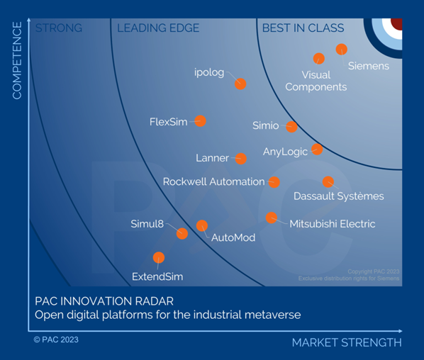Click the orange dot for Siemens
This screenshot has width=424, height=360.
(x=341, y=49)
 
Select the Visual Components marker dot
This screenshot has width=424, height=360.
(x=319, y=58)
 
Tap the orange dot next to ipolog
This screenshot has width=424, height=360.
(x=240, y=84)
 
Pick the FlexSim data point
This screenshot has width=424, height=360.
(x=200, y=121)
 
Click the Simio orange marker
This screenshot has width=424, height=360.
(x=291, y=127)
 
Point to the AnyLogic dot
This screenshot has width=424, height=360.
(x=317, y=149)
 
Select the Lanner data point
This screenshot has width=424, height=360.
(x=241, y=158)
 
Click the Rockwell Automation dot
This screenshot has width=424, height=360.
(x=274, y=182)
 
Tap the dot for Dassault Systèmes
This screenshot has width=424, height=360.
(x=328, y=182)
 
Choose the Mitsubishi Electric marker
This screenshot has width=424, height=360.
(x=271, y=218)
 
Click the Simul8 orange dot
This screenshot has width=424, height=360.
(x=182, y=233)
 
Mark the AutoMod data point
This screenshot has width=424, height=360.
(x=202, y=226)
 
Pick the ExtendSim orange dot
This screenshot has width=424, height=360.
(x=158, y=257)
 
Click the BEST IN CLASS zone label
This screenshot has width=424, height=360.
(x=303, y=28)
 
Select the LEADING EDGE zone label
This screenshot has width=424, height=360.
(x=157, y=28)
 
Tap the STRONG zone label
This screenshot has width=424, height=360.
(x=59, y=28)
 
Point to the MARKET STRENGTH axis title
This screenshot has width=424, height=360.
(x=346, y=343)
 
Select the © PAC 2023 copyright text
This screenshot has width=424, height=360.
(x=56, y=340)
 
